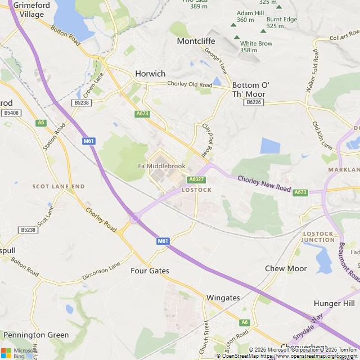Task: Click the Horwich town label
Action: tap(150, 74)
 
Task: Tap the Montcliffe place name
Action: tap(196, 41)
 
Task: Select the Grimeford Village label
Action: tap(28, 10)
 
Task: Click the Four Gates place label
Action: tap(150, 271)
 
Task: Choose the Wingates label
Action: tap(223, 298)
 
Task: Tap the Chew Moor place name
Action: tap(286, 268)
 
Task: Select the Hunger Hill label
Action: tap(334, 303)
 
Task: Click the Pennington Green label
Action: tap(36, 335)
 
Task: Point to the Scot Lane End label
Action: tap(58, 186)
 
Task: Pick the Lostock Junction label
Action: tap(318, 236)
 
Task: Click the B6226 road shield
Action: tap(254, 102)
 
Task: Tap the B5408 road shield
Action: tap(11, 113)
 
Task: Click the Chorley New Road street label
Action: tap(264, 186)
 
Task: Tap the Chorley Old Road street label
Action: tap(188, 84)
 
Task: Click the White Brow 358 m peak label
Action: tap(256, 47)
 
